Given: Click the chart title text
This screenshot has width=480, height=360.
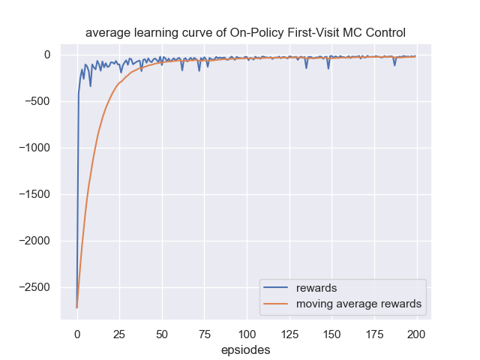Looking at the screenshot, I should pos(246,32).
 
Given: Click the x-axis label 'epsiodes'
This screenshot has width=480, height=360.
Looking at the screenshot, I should pos(246,349).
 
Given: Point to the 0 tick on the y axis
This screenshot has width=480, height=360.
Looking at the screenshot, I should pos(46,55).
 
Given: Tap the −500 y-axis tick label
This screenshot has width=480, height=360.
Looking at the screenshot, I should pos(37,101).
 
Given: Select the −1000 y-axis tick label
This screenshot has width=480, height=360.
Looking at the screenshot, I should pos(34,148).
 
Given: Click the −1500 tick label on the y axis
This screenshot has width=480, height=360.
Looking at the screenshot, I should pos(34,194).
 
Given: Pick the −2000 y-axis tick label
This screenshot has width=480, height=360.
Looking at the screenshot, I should pos(34,241).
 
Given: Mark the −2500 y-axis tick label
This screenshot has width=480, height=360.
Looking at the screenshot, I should pos(34,287).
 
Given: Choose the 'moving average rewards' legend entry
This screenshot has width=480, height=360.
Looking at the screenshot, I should pos(358,304).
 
